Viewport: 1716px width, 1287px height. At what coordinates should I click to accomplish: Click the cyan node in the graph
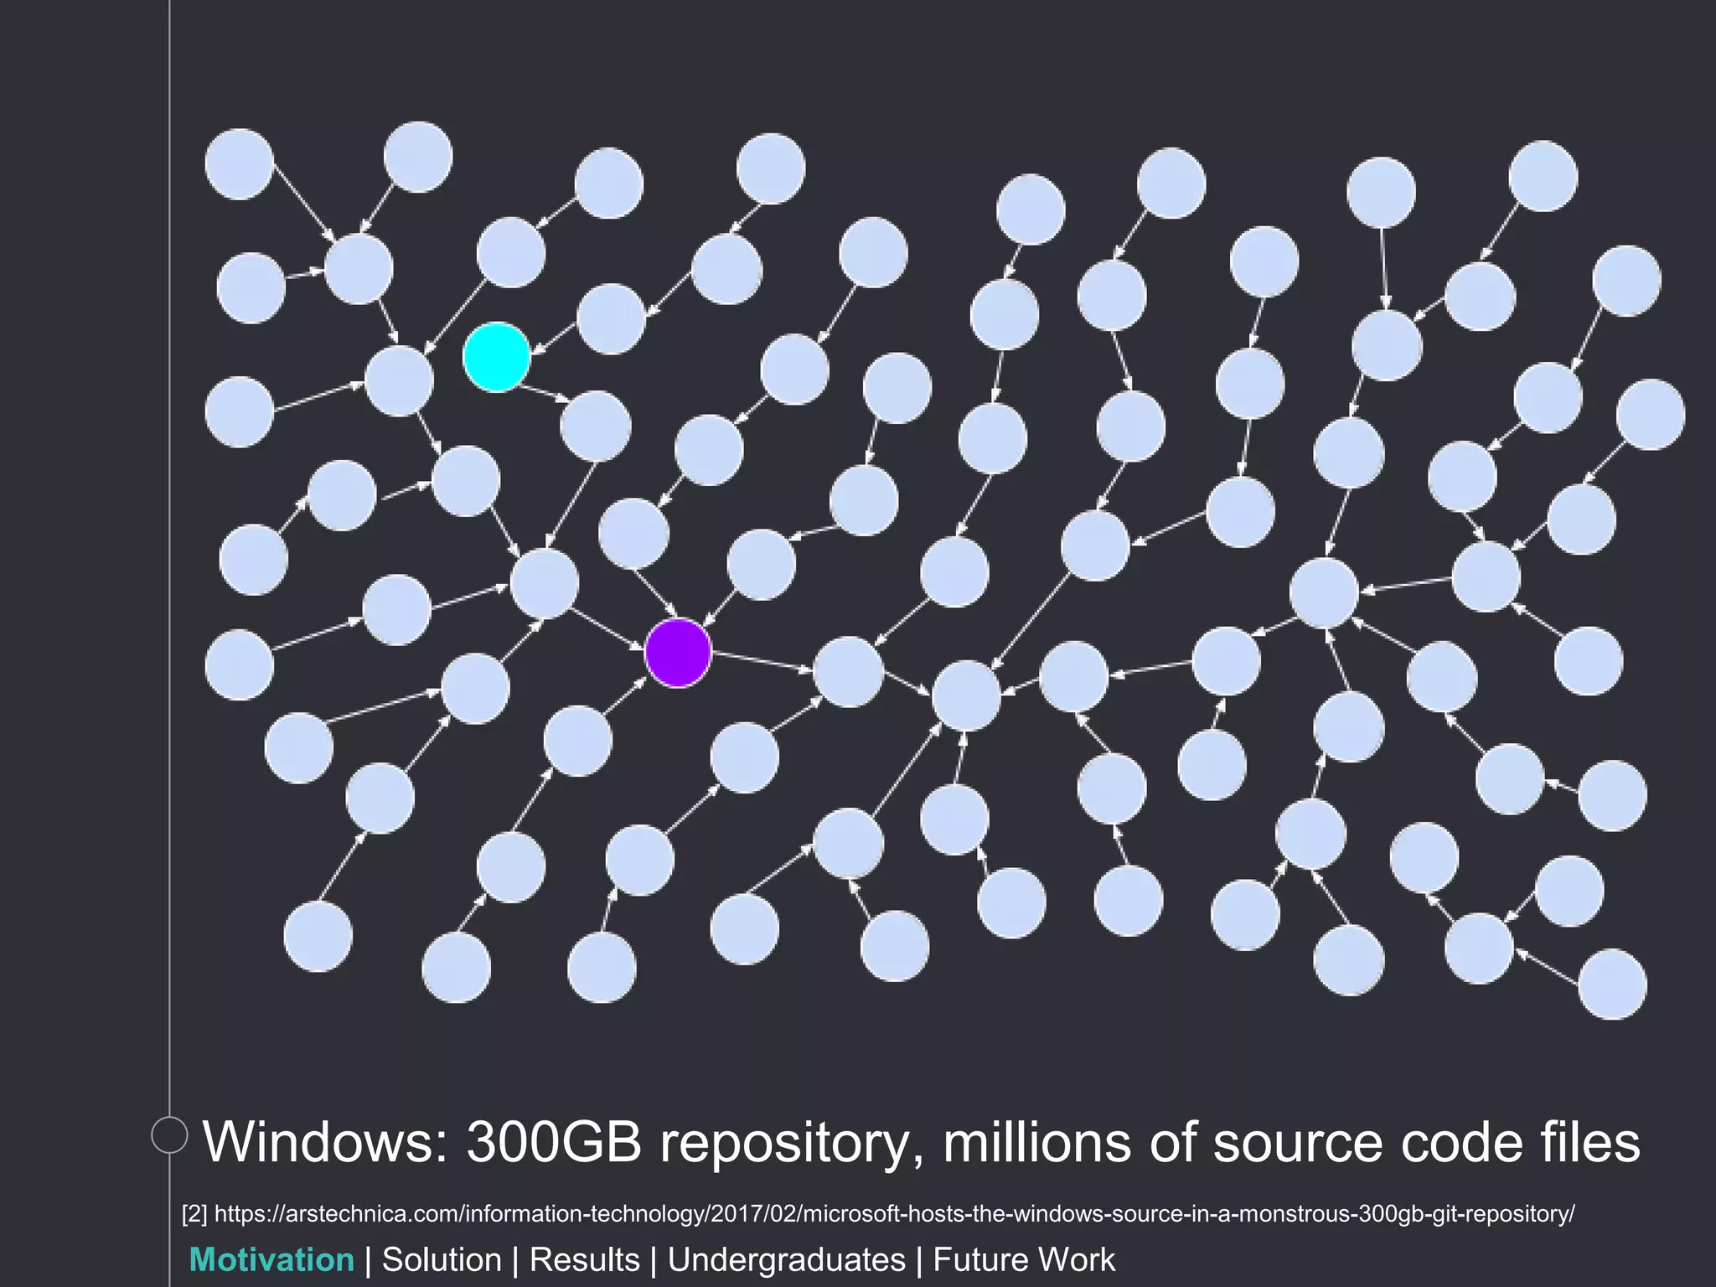497,357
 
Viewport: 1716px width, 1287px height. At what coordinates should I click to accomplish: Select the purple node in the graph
678,653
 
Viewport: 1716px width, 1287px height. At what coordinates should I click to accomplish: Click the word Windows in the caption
326,1142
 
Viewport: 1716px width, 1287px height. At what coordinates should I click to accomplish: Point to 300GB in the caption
554,1142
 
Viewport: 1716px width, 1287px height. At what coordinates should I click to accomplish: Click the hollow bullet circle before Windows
169,1135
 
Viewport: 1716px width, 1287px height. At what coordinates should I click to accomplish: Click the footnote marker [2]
194,1213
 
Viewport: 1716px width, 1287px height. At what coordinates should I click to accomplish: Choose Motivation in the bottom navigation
272,1260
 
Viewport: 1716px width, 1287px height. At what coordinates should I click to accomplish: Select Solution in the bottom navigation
442,1260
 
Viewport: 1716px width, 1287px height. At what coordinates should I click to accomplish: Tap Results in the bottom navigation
584,1260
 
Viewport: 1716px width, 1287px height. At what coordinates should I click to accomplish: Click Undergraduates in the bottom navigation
787,1260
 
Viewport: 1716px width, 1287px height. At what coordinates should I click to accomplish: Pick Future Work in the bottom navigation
1024,1260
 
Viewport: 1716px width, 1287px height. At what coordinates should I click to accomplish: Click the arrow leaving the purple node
762,662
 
